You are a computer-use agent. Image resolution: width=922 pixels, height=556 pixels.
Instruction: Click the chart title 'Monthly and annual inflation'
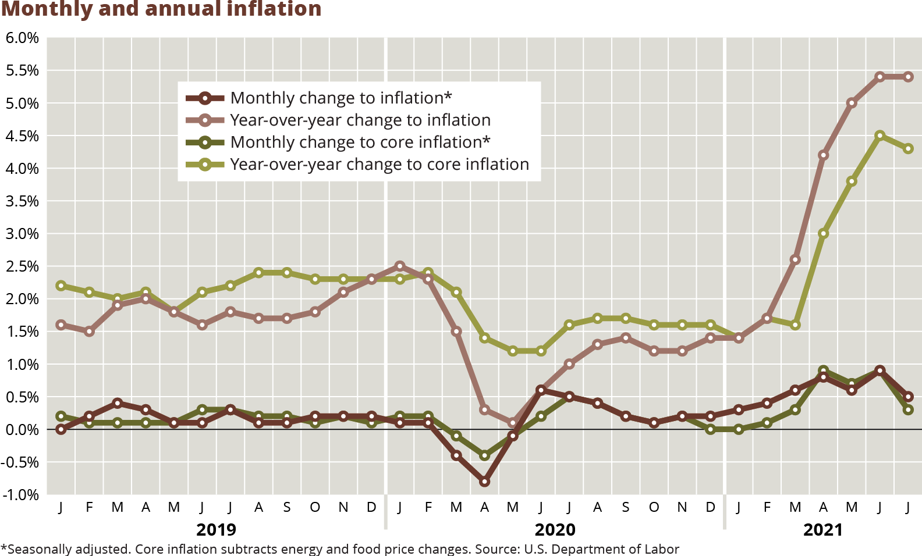tap(161, 9)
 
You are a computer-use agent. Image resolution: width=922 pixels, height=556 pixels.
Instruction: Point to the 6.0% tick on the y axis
tap(22, 38)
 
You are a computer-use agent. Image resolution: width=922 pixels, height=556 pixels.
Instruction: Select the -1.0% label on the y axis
tap(21, 495)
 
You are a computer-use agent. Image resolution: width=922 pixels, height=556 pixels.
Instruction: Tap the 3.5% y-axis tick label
tap(22, 201)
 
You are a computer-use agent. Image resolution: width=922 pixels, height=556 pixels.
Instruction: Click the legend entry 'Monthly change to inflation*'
tap(341, 98)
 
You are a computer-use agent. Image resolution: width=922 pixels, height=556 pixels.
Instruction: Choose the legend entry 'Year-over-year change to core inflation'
tap(379, 165)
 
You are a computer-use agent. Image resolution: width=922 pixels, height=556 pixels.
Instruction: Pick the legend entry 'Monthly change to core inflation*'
tap(360, 142)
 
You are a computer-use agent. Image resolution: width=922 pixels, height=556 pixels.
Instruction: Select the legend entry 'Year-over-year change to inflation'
tap(360, 120)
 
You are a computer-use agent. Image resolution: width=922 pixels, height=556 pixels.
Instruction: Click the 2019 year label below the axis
tap(216, 530)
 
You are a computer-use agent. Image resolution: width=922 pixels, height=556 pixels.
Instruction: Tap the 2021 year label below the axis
tap(822, 530)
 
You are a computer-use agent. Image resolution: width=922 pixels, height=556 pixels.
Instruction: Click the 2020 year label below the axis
tap(555, 530)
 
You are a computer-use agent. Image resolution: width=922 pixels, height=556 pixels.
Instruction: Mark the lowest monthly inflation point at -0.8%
tap(484, 482)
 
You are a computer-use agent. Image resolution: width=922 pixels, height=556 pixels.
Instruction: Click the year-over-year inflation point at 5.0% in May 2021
tap(852, 103)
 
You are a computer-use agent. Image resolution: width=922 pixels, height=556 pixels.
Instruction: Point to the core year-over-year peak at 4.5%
tap(880, 136)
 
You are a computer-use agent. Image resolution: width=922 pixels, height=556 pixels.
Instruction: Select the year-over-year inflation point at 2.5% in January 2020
tap(399, 266)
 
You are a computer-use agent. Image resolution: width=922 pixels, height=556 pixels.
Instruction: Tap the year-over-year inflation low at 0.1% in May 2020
tap(513, 423)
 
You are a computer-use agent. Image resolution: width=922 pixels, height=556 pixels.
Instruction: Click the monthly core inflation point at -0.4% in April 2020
tap(484, 455)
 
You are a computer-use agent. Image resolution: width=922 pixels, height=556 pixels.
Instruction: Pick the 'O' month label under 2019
tap(315, 507)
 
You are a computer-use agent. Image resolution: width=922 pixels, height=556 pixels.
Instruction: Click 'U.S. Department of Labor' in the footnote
tap(601, 549)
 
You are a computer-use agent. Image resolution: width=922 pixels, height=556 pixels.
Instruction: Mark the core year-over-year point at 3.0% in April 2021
tap(823, 234)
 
